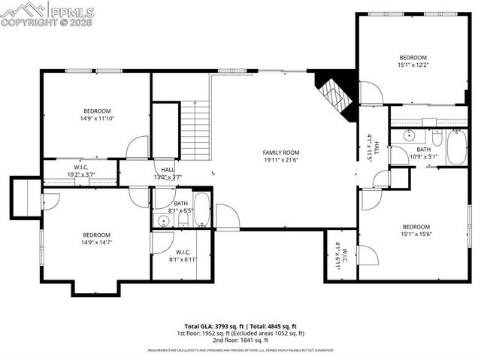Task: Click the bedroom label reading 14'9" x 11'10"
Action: pyautogui.click(x=98, y=114)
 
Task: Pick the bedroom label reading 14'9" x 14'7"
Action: pyautogui.click(x=97, y=238)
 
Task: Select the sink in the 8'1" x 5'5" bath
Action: pyautogui.click(x=162, y=220)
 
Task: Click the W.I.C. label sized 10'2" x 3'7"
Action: pyautogui.click(x=82, y=171)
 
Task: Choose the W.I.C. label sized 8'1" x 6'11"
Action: pyautogui.click(x=183, y=256)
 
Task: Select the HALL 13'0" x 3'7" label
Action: pyautogui.click(x=167, y=174)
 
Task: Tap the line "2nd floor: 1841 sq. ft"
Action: pyautogui.click(x=240, y=340)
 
